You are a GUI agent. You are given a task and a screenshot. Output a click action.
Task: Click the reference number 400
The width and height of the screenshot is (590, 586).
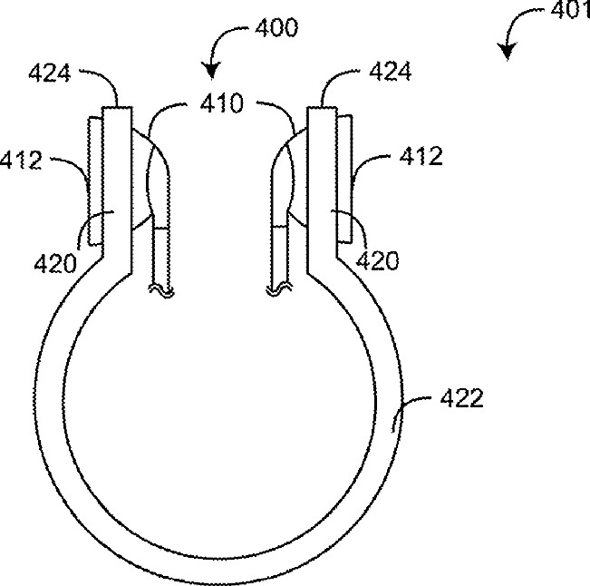pyautogui.click(x=276, y=27)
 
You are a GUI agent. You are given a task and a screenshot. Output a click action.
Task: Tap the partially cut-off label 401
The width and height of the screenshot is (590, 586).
pyautogui.click(x=570, y=10)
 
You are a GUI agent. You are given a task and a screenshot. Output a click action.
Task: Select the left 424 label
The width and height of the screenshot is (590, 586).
pyautogui.click(x=50, y=73)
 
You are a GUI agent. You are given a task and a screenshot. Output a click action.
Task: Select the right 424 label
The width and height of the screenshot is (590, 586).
pyautogui.click(x=391, y=71)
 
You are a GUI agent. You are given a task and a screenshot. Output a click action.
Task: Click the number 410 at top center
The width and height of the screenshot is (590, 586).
pyautogui.click(x=222, y=103)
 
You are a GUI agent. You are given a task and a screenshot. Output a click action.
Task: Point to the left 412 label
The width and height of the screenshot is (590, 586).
pyautogui.click(x=21, y=160)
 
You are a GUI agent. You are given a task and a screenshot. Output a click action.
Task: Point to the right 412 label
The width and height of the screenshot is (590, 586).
pyautogui.click(x=421, y=156)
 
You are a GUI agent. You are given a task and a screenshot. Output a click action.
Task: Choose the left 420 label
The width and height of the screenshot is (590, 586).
pyautogui.click(x=55, y=263)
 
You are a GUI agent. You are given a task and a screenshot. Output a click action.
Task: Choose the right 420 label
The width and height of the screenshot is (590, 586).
pyautogui.click(x=377, y=260)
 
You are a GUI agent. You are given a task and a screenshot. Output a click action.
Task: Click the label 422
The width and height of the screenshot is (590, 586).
pyautogui.click(x=461, y=398)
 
